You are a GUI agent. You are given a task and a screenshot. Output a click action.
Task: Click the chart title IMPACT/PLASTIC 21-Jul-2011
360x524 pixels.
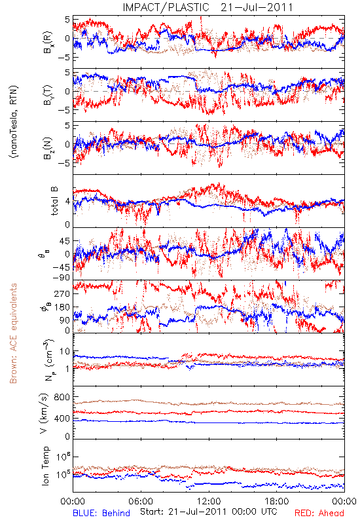tap(207, 7)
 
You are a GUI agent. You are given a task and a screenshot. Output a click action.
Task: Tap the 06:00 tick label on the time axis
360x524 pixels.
tap(141, 501)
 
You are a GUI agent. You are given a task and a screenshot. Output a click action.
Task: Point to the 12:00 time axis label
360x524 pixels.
tap(209, 501)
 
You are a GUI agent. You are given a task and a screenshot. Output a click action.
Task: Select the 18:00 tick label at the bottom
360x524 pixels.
tap(276, 501)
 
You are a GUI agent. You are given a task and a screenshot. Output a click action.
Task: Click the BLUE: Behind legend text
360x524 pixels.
tap(101, 513)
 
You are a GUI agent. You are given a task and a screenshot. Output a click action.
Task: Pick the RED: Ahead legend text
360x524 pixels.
tap(319, 513)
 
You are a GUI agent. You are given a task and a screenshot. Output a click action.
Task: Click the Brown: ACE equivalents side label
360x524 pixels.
tap(13, 333)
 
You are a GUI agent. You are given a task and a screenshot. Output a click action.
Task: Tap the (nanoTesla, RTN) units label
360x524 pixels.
tap(14, 122)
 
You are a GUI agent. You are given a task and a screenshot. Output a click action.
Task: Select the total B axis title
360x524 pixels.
tap(54, 201)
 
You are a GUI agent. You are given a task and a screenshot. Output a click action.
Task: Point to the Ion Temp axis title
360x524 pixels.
tap(45, 466)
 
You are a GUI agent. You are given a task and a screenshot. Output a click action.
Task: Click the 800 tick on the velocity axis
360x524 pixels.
tap(62, 397)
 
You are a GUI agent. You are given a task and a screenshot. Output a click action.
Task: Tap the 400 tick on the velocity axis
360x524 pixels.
tap(62, 419)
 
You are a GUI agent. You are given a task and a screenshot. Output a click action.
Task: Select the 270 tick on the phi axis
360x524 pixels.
tap(62, 293)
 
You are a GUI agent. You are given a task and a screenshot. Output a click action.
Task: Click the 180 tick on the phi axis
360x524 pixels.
tap(62, 307)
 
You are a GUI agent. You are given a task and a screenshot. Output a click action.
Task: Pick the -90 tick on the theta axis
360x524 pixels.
tap(62, 278)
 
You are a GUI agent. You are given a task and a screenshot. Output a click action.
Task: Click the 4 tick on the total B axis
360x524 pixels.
tap(67, 202)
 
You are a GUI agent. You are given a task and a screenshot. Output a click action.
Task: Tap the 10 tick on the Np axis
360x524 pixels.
tap(65, 352)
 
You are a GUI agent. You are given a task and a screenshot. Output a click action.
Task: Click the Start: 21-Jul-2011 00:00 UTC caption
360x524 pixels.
tap(208, 512)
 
